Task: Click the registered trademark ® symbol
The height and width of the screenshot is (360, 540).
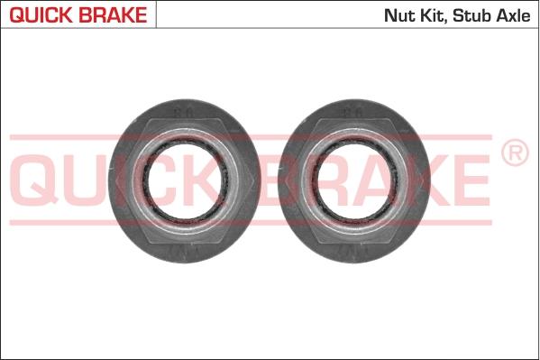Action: pos(514,154)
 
